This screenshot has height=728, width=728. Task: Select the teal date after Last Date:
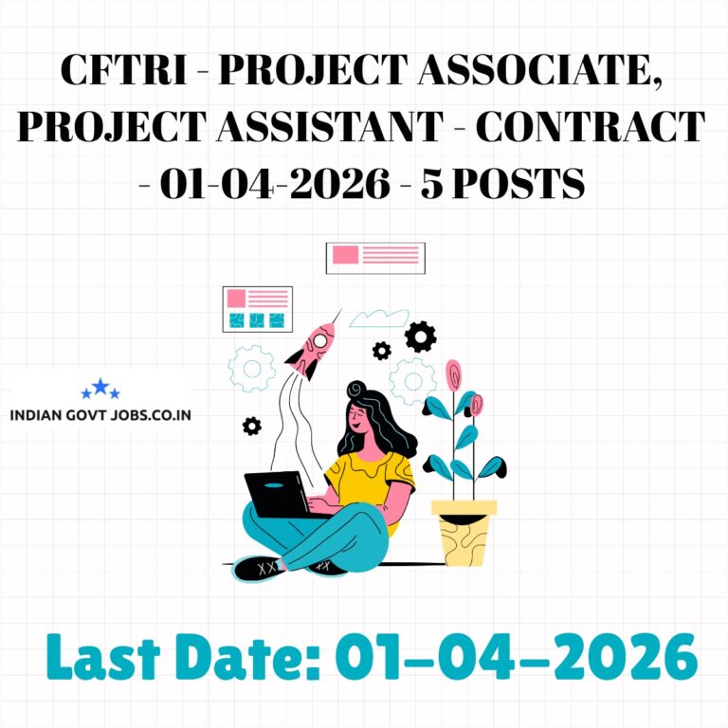coord(516,655)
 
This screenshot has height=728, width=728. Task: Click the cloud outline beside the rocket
coord(379,318)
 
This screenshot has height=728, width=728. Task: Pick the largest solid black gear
coord(420,336)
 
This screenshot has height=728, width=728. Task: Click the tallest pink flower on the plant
coord(453,373)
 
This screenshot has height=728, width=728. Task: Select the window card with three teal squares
coord(257,309)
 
